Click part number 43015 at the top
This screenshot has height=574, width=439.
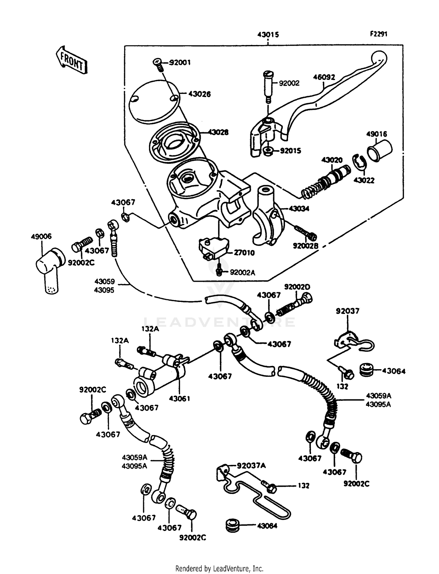tap(268, 35)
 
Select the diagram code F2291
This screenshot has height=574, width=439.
tap(378, 34)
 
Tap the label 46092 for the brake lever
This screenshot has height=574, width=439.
tap(324, 77)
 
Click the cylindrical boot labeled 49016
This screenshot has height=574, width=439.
tap(379, 150)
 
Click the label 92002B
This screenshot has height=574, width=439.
tap(305, 246)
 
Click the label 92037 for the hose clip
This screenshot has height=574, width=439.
tap(347, 311)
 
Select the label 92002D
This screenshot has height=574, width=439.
tap(297, 287)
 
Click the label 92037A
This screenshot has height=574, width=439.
tap(251, 465)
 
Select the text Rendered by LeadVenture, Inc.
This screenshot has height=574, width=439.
tap(219, 569)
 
